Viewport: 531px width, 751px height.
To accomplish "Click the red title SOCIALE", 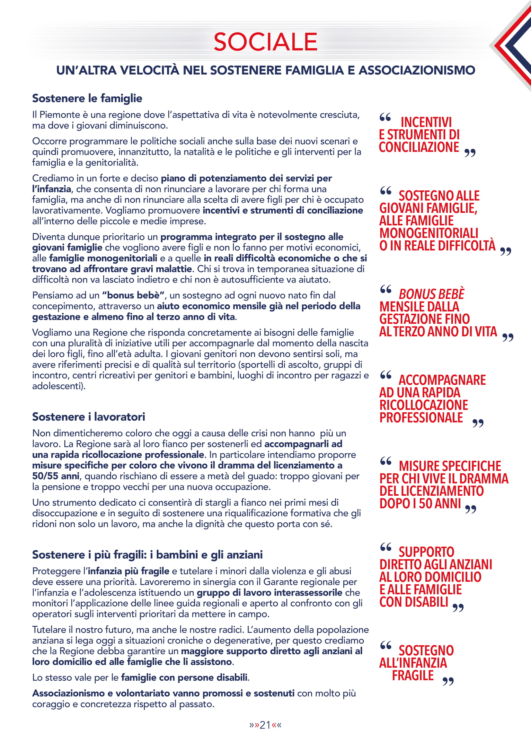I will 265,42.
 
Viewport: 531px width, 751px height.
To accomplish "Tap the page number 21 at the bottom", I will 265,725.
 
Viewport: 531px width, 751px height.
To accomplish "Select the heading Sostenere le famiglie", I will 87,98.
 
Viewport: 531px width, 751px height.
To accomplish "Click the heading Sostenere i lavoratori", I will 88,417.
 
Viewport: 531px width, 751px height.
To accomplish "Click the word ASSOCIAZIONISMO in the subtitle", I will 417,70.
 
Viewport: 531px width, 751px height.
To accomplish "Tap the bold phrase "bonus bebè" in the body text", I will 133,295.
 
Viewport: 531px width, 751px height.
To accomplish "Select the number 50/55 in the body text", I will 46,476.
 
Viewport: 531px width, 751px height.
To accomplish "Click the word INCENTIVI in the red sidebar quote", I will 426,122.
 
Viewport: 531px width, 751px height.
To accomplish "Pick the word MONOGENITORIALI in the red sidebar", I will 429,233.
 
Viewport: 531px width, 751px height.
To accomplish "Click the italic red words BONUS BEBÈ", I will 431,294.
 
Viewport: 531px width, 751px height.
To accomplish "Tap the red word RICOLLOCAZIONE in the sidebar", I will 424,405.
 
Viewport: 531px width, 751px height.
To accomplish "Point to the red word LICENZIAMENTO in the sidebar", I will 431,491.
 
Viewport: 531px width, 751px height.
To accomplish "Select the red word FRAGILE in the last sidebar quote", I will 412,675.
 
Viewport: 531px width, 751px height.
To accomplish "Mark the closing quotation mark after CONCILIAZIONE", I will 470,153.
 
